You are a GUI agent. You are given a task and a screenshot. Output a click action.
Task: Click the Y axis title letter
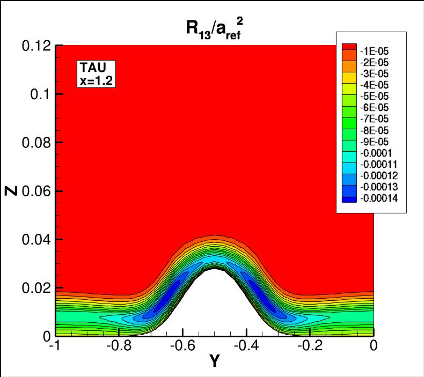tap(214, 363)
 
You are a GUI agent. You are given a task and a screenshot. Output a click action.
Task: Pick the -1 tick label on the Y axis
tap(54, 347)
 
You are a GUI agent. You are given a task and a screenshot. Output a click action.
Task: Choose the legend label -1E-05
tap(376, 50)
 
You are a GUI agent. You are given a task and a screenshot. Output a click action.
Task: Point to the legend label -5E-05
tap(376, 96)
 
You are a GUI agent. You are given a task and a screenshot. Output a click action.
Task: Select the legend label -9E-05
tap(376, 142)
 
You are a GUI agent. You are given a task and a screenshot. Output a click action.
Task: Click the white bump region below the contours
tap(215, 311)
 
